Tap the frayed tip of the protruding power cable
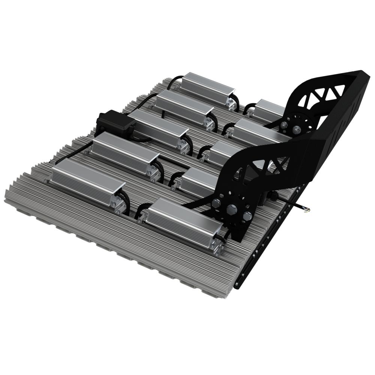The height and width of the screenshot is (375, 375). [x=306, y=210]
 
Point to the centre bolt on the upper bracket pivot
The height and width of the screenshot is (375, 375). [x=297, y=129]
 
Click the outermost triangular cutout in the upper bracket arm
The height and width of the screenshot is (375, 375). [x=339, y=90]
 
